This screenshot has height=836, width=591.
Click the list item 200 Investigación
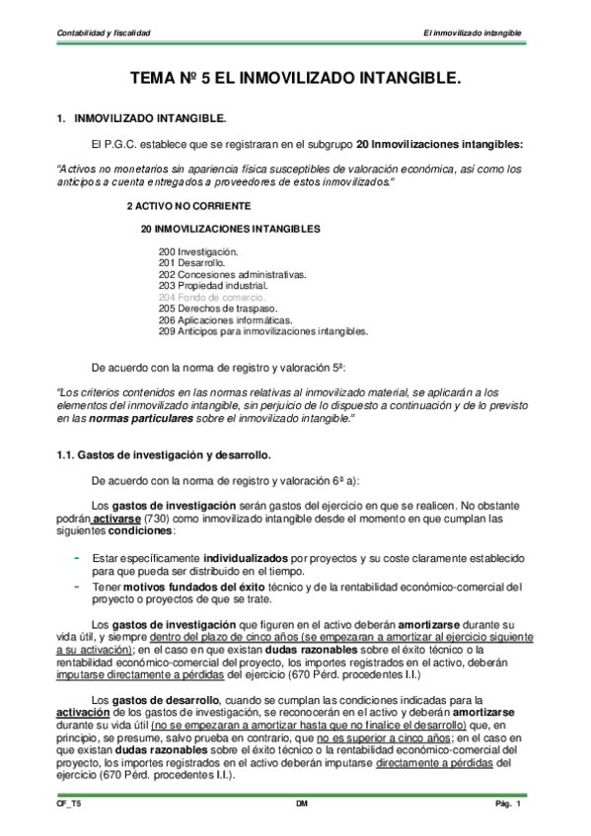(198, 252)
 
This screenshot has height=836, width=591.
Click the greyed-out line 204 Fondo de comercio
(211, 296)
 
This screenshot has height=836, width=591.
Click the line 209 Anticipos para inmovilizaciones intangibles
(262, 331)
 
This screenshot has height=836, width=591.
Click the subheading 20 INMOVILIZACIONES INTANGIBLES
(231, 229)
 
